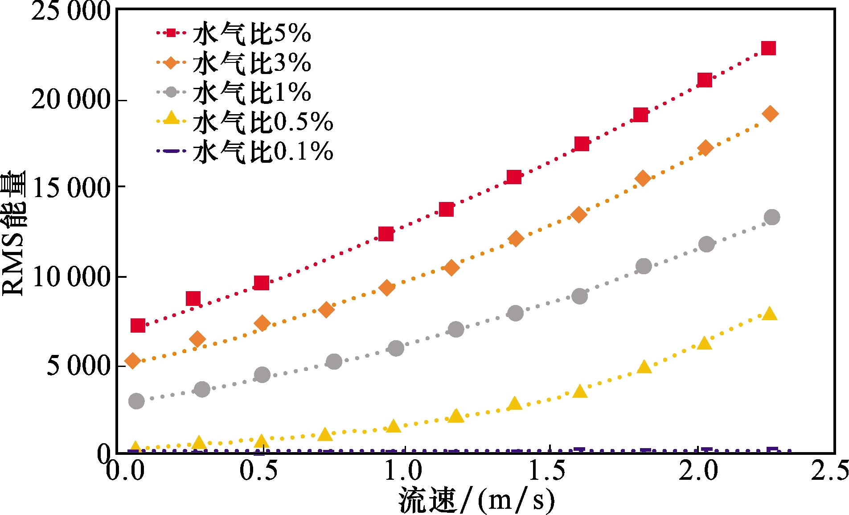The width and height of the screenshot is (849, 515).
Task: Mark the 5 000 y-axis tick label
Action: (x=78, y=366)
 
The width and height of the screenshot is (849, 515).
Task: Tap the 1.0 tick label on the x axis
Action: (x=403, y=470)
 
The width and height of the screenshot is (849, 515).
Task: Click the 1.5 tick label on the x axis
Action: (x=547, y=470)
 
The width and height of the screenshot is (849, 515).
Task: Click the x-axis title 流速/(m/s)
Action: (x=476, y=500)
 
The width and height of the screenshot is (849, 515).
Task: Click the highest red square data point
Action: (x=768, y=48)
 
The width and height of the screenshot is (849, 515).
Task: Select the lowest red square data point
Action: (x=138, y=325)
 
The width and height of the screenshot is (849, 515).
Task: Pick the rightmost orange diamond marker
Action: (x=770, y=114)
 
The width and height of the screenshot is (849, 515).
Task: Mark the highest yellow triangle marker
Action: (x=770, y=314)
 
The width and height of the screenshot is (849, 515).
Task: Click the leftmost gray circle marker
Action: (x=136, y=401)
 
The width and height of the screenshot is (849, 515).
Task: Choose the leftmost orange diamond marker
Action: (x=133, y=360)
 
